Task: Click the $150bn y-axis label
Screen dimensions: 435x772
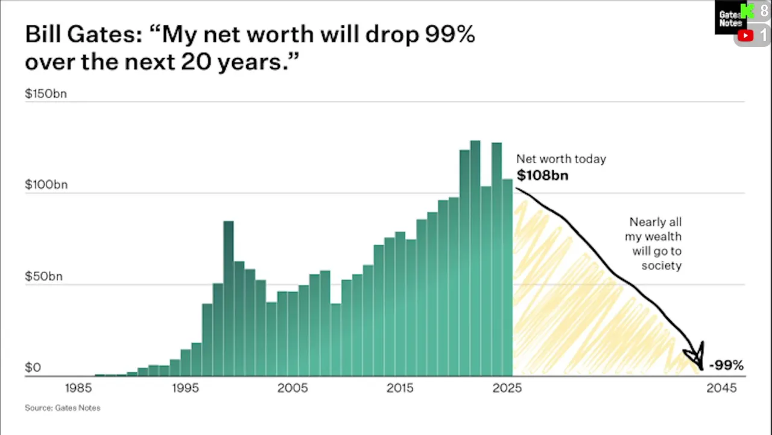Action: coord(46,94)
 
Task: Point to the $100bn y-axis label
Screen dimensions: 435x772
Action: coord(46,185)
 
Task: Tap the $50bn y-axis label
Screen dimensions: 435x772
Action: coord(43,277)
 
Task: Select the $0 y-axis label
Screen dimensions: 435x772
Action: coord(33,367)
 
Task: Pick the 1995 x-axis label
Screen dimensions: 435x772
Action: coord(185,388)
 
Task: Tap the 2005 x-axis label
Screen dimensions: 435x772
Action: coord(293,388)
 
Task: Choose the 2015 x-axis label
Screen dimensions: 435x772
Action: coord(400,388)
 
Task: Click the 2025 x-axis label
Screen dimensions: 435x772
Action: coord(507,388)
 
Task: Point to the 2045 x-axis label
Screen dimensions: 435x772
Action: coord(721,388)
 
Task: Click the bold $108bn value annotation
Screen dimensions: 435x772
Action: coord(542,176)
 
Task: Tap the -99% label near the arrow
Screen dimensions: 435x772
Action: coord(726,365)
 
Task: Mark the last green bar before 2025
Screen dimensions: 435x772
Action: coord(507,277)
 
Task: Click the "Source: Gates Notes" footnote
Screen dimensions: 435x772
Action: coord(63,408)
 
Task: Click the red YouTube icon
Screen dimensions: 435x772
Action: coord(745,36)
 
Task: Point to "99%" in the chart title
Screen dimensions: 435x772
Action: coord(450,34)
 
